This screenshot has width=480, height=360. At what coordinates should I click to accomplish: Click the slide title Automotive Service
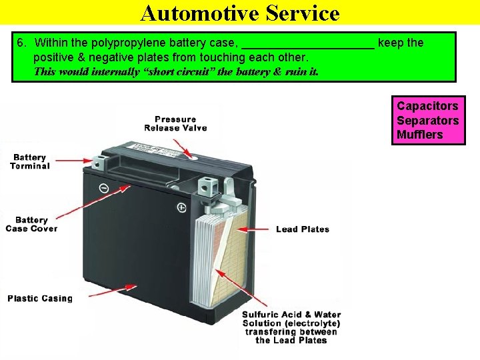point(240,13)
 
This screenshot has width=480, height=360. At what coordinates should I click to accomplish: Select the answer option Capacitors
point(427,106)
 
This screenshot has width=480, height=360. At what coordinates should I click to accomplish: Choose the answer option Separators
point(427,121)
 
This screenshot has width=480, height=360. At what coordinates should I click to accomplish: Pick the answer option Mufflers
point(419,135)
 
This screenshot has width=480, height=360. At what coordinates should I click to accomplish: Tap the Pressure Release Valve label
point(175,123)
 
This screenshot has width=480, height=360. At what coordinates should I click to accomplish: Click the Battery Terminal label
point(30,161)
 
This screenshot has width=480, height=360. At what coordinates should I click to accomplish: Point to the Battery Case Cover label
point(31,224)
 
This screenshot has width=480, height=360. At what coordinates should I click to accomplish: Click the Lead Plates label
point(303,229)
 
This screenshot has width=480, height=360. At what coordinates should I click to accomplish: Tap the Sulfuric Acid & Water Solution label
point(291,327)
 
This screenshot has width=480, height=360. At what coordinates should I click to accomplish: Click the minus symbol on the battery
point(104,188)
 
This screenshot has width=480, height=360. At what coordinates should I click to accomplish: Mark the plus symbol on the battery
point(181,208)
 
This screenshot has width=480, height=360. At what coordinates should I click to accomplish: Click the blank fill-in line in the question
point(307,45)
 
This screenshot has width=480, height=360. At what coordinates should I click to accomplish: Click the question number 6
point(21,43)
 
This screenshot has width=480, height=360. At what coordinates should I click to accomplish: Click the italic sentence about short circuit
point(176,71)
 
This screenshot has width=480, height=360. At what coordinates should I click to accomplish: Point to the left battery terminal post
point(101,161)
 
